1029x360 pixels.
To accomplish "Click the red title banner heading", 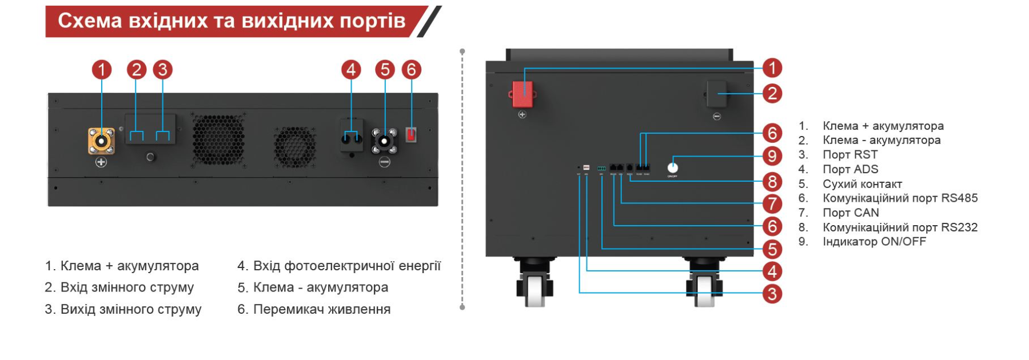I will [x=232, y=21].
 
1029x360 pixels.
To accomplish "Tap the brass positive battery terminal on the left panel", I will [x=101, y=141].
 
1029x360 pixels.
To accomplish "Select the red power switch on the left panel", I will [x=411, y=135].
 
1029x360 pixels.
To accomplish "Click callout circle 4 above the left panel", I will [x=351, y=70].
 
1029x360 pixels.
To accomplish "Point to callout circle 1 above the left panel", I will [x=102, y=70].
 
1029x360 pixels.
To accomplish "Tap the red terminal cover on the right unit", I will [x=522, y=94].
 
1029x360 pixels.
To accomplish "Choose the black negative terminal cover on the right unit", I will [x=716, y=94].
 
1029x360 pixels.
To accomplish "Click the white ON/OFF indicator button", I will [x=673, y=167].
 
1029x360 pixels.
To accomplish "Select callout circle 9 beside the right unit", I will [x=772, y=156].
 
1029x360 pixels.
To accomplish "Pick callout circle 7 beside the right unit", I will [x=772, y=203].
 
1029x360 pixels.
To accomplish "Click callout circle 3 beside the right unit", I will [x=772, y=294].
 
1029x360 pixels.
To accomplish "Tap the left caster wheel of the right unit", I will [x=535, y=288].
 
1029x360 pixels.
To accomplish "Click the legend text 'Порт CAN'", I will [x=851, y=213].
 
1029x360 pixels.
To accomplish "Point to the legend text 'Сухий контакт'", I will [x=862, y=184].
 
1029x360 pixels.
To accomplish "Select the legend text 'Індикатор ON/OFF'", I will [x=874, y=242].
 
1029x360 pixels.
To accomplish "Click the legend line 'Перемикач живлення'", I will [x=321, y=309].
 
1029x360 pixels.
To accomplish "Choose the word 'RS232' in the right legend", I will [x=959, y=227].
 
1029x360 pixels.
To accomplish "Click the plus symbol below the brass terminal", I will [x=101, y=162].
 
